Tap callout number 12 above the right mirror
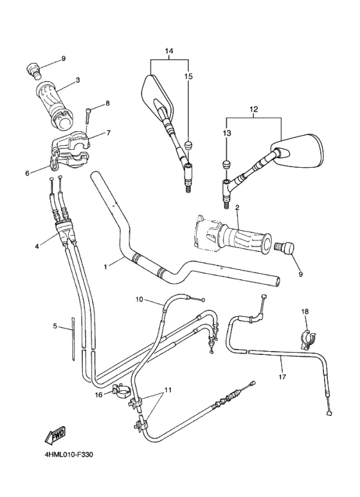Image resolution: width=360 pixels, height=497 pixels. pos(254,109)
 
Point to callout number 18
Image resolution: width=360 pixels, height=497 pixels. pos(305,312)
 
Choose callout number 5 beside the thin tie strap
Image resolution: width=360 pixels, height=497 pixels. pos(55,327)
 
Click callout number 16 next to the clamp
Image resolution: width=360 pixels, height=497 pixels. pos(99,395)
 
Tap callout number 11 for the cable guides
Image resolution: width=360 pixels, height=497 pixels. pos(168,390)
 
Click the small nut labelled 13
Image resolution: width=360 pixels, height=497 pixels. pos(226,165)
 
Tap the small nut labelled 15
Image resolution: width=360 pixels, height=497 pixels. pos(189,144)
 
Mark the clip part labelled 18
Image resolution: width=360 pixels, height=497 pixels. pos(306,336)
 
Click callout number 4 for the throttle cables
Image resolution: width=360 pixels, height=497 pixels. pos(37,246)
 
